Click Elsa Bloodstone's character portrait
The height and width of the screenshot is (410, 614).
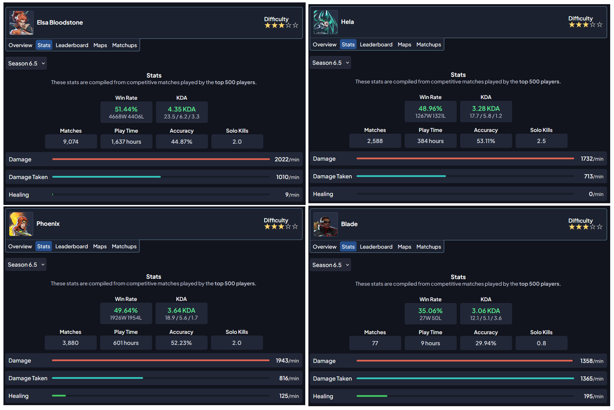tap(21, 23)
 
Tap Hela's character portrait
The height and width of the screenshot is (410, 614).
tap(325, 22)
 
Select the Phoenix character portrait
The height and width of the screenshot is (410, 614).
tap(21, 224)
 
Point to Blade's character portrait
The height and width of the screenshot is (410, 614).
tap(325, 224)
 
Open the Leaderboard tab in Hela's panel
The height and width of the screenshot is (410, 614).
tap(376, 45)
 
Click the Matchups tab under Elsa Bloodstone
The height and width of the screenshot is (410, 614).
tap(124, 45)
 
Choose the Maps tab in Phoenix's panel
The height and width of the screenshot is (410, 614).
tap(100, 247)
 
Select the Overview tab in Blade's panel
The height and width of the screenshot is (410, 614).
tap(324, 247)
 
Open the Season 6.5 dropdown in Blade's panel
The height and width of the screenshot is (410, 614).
tap(330, 265)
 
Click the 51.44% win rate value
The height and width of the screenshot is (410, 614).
tap(126, 109)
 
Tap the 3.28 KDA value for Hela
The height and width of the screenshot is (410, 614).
tap(486, 109)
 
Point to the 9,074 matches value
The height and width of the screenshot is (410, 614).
tap(71, 142)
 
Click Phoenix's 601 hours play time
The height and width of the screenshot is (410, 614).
tap(126, 343)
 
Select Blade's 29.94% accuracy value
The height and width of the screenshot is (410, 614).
tap(486, 344)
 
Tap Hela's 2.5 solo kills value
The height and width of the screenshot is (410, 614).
tap(541, 141)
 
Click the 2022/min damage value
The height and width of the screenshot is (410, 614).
tap(287, 160)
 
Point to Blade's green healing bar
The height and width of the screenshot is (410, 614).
tap(372, 396)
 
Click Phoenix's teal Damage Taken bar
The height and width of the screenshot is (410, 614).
tap(97, 378)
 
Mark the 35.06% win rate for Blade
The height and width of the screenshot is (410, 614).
tap(430, 311)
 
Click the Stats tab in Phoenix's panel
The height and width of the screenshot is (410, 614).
tap(44, 247)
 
